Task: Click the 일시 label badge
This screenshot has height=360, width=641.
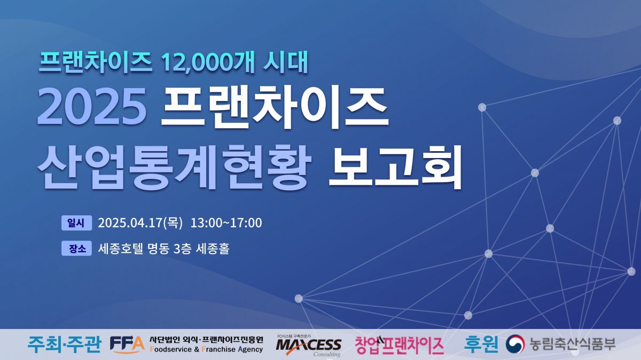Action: click(77, 223)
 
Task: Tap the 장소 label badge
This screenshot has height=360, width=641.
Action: click(77, 248)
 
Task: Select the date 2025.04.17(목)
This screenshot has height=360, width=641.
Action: click(140, 223)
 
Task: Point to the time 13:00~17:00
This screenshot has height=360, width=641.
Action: click(226, 223)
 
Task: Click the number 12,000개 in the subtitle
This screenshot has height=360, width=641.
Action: click(208, 62)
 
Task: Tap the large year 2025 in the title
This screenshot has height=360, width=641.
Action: click(92, 106)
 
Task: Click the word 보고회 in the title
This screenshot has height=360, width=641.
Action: click(395, 167)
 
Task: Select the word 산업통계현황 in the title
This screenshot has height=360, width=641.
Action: click(175, 167)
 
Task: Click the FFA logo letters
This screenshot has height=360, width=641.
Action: click(127, 345)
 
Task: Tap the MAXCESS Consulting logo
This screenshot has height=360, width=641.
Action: click(309, 346)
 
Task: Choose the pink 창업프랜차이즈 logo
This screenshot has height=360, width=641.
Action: click(399, 345)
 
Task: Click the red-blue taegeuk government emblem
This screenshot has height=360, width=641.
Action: click(515, 344)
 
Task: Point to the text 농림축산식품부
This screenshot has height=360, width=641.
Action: click(572, 344)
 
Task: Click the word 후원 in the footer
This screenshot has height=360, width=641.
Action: click(481, 344)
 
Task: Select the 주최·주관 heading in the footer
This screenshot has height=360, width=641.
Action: click(64, 345)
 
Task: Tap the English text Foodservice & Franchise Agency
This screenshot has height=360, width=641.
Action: click(206, 349)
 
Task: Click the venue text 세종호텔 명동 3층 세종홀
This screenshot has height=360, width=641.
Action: click(163, 248)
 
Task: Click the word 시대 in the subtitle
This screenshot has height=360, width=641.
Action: click(285, 62)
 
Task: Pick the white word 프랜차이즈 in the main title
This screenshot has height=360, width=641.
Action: click(275, 106)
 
